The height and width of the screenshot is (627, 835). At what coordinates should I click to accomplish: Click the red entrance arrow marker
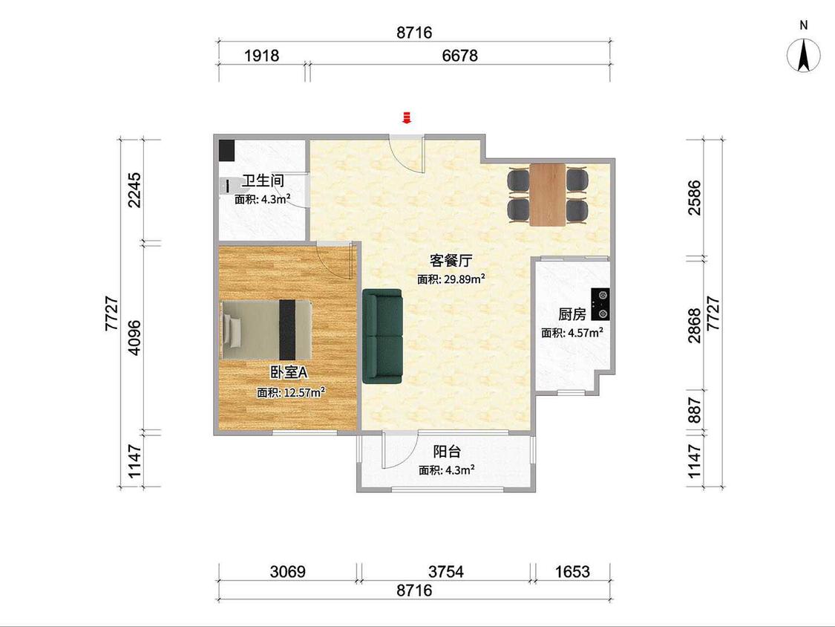coord(407,117)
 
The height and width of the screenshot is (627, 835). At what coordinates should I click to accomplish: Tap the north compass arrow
coord(804,55)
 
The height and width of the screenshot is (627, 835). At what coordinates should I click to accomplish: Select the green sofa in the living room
coord(382,336)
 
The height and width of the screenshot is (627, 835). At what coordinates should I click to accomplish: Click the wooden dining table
coord(548,195)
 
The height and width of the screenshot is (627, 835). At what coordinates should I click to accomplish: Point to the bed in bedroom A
coord(266,330)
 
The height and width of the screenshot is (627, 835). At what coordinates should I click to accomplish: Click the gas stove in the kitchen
coord(600,304)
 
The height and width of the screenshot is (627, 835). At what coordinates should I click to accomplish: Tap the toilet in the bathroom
coord(226,186)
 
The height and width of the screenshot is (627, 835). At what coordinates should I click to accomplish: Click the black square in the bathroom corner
coord(226,150)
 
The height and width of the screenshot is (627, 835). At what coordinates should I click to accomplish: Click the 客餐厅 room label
coord(451,261)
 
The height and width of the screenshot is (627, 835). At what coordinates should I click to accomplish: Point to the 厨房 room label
coord(572,314)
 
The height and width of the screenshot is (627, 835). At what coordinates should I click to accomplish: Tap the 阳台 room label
coord(447,452)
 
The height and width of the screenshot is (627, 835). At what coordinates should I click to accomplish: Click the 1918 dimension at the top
coord(261,56)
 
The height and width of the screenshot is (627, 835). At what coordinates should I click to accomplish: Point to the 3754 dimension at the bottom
coord(446,572)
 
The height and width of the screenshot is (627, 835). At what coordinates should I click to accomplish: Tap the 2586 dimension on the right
coord(695,198)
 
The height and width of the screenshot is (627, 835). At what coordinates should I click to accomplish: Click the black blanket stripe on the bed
coord(287,330)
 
